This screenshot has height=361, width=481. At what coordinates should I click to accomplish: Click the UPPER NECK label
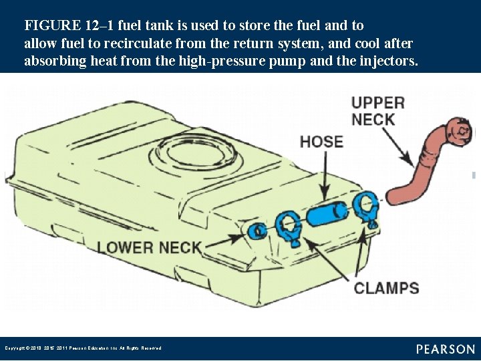click(x=377, y=111)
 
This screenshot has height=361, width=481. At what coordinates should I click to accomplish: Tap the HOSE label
click(x=321, y=142)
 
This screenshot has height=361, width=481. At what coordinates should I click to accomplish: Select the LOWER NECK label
click(x=149, y=247)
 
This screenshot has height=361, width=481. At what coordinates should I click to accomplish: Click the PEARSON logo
click(x=446, y=349)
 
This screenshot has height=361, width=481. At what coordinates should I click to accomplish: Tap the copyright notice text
click(x=83, y=348)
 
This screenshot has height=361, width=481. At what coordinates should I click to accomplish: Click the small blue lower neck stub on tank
click(x=257, y=231)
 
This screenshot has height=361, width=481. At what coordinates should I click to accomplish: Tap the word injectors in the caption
click(x=387, y=62)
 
